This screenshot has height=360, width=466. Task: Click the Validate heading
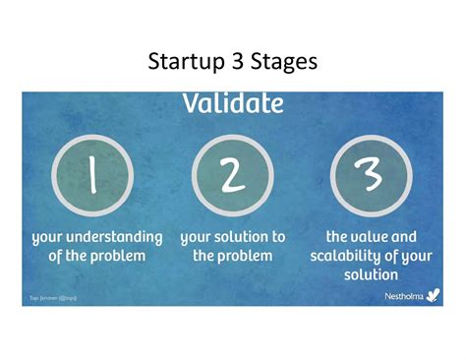click(232, 103)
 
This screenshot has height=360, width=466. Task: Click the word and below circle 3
click(403, 238)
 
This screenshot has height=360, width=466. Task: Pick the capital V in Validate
click(190, 103)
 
